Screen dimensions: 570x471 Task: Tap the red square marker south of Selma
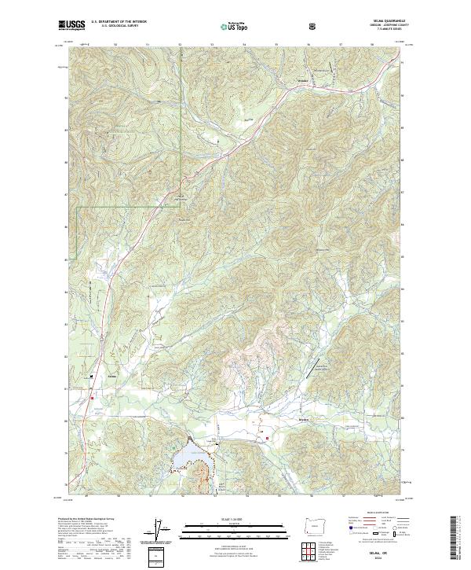[93, 398]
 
